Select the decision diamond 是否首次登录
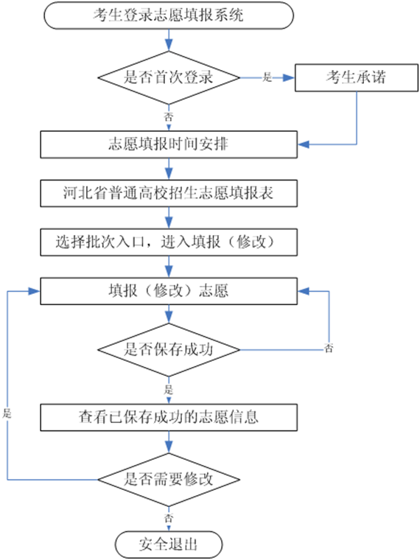(x=169, y=77)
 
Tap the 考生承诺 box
(x=357, y=77)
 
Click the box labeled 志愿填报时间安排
(x=169, y=143)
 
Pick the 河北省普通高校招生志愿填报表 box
(x=169, y=193)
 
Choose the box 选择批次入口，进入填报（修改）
(x=169, y=240)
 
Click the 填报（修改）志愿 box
(x=169, y=290)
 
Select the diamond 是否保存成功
(x=169, y=349)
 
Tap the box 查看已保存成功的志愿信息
(x=169, y=416)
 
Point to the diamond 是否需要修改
(x=169, y=479)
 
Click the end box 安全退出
(x=169, y=545)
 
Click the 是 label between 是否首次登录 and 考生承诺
(x=267, y=77)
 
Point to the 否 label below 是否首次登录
(x=169, y=116)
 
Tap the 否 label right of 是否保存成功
(x=328, y=348)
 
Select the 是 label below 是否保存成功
(x=169, y=389)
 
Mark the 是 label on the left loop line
(x=7, y=414)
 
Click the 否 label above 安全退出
(x=169, y=519)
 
